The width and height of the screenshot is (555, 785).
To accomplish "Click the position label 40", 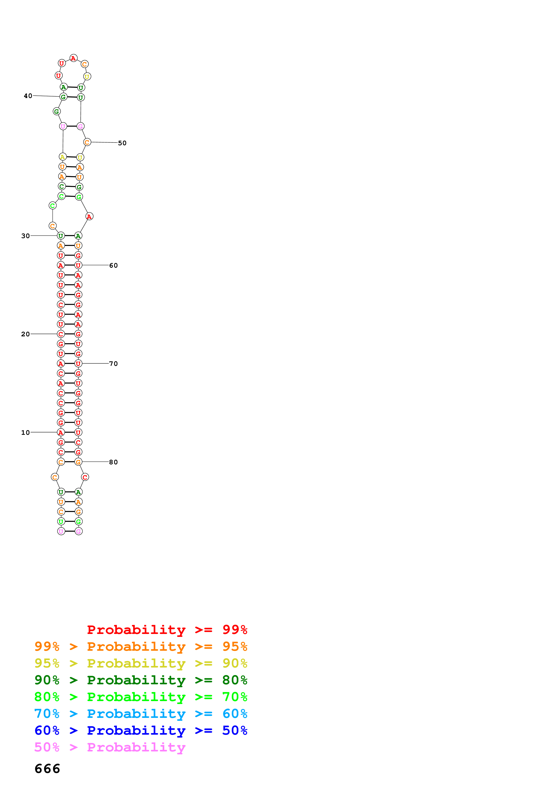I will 28,96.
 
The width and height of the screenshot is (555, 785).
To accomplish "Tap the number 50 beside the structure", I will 122,143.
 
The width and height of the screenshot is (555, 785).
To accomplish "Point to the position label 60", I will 113,265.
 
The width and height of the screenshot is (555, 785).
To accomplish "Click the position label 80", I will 113,462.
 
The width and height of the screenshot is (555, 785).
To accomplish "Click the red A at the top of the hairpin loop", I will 73,58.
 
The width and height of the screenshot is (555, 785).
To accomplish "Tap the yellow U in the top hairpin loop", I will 87,77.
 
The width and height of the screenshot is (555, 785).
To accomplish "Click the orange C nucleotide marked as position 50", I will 87,142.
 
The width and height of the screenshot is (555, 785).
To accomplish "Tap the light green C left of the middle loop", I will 52,205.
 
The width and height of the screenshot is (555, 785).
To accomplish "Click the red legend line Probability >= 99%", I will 167,629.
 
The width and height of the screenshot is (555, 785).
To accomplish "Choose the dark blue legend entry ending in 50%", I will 141,730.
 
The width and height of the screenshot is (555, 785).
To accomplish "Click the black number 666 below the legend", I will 47,769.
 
